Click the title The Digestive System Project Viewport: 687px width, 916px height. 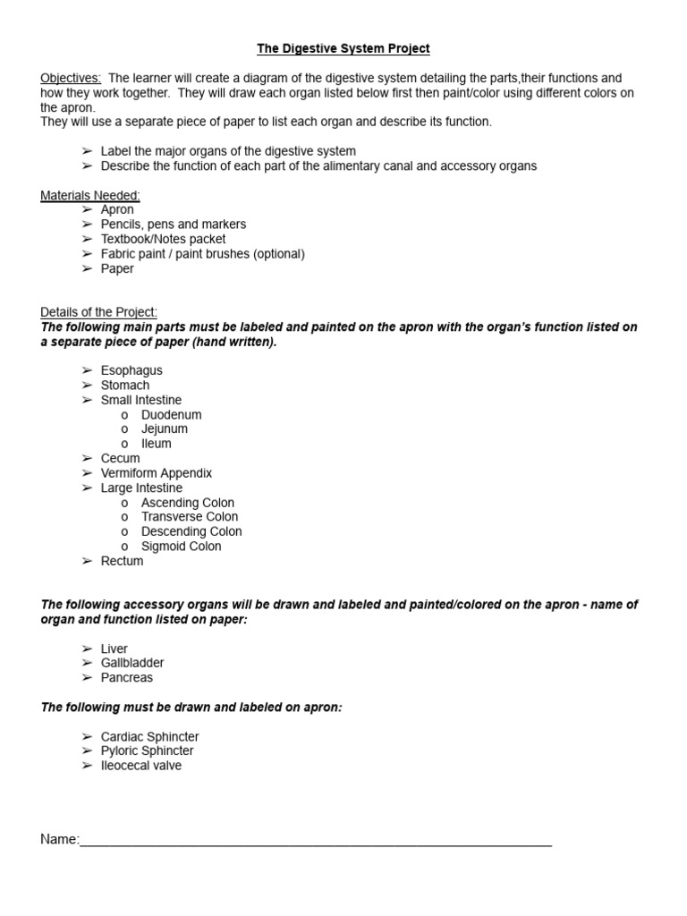point(343,49)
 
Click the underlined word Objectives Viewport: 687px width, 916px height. point(71,79)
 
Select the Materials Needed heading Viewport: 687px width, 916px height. point(89,195)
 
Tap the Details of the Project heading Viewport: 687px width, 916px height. point(98,312)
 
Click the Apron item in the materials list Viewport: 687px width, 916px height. point(117,209)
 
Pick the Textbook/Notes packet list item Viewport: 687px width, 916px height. point(163,239)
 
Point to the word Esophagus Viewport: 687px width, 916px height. point(131,370)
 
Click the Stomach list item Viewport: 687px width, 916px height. point(125,386)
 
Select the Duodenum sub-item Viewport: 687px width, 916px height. point(171,415)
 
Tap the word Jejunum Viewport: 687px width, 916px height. point(165,429)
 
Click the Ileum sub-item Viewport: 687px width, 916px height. point(157,444)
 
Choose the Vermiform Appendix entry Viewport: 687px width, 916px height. point(157,473)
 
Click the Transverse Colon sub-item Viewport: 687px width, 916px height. point(190,517)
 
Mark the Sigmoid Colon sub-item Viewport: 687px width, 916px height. point(181,547)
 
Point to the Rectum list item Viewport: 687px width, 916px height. point(122,561)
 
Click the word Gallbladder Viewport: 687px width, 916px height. point(132,663)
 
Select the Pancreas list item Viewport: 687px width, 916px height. point(127,678)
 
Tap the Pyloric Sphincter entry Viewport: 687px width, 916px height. point(147,751)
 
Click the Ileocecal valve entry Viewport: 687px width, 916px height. point(141,766)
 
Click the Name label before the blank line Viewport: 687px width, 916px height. point(59,839)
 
